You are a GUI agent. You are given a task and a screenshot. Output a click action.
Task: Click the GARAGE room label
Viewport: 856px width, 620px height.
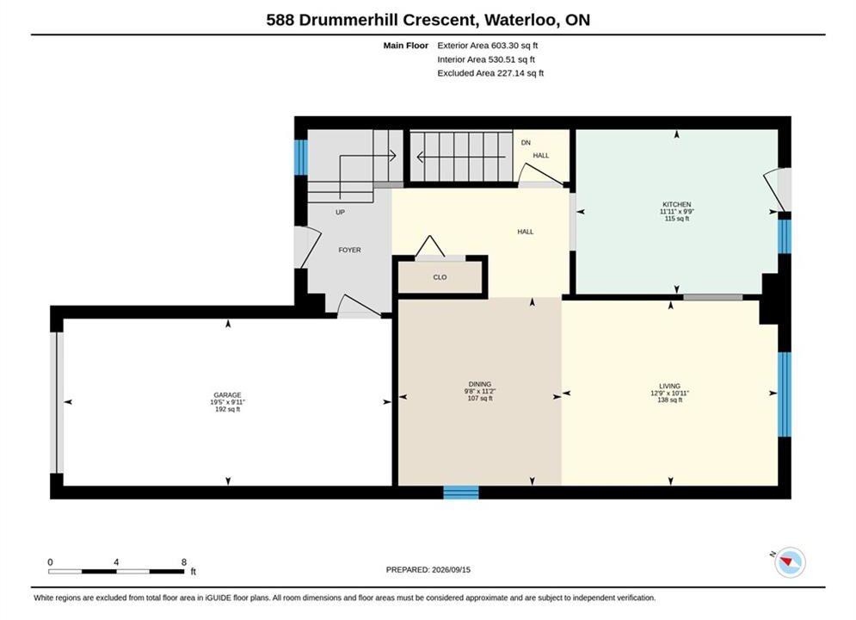pos(227,395)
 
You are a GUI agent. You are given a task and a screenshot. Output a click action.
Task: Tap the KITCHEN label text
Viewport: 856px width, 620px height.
pos(676,204)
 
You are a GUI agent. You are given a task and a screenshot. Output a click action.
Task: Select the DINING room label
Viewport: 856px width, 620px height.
pos(480,384)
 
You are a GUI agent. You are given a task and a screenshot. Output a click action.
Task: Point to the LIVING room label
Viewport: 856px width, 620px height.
pos(669,386)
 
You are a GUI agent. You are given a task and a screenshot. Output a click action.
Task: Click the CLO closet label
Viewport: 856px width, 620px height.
pos(440,277)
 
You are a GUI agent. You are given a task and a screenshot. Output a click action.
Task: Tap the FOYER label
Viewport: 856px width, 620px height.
pos(349,250)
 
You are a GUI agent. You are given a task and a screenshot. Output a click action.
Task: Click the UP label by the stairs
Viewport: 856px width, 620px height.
pos(340,212)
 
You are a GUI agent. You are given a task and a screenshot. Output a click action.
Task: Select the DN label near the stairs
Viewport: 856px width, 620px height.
pos(526,143)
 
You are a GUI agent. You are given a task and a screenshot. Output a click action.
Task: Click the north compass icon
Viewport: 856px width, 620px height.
pos(790,562)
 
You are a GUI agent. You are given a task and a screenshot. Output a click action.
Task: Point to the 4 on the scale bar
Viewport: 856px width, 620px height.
pos(116,562)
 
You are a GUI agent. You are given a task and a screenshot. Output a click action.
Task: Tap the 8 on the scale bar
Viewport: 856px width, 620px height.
pos(184,562)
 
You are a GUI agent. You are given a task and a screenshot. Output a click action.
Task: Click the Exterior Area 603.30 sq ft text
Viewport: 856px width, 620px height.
pos(488,46)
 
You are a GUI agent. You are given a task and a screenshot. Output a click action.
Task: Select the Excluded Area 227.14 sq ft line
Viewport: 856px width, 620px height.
pos(490,73)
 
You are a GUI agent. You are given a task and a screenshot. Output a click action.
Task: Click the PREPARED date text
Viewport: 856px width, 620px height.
pos(428,570)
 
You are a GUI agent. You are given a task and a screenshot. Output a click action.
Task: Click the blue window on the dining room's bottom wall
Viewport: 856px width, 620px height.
pos(461,493)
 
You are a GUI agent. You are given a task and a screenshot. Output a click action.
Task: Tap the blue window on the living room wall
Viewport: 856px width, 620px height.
pos(784,394)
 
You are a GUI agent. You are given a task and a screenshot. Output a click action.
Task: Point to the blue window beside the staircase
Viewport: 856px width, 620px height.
pos(301,158)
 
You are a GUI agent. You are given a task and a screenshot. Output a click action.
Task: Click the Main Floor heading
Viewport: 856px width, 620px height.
pos(405,46)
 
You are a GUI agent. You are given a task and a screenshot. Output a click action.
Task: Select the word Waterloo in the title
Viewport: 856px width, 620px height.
pos(521,20)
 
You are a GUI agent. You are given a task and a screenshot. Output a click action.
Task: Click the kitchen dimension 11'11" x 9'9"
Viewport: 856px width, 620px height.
pos(677,211)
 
